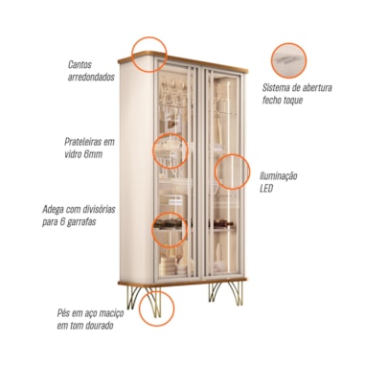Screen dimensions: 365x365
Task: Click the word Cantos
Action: (80, 64)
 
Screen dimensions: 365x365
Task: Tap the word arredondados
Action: (91, 78)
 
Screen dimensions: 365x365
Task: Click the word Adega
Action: (53, 210)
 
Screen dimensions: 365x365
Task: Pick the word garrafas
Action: (81, 222)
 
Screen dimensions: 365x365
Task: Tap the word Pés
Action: (63, 313)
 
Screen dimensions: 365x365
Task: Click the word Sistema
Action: (277, 87)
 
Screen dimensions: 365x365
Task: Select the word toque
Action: (292, 101)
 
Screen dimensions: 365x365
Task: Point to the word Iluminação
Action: (279, 176)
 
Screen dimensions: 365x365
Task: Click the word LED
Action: (266, 189)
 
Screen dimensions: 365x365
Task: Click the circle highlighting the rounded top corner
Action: (149, 37)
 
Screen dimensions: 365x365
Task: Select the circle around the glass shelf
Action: (170, 133)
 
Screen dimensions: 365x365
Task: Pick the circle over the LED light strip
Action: (232, 154)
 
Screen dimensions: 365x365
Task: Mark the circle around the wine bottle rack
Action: (169, 213)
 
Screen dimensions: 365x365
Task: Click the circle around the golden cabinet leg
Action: (156, 291)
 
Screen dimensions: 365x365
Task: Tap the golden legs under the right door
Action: (226, 293)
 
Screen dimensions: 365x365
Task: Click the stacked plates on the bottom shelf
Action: (168, 266)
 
